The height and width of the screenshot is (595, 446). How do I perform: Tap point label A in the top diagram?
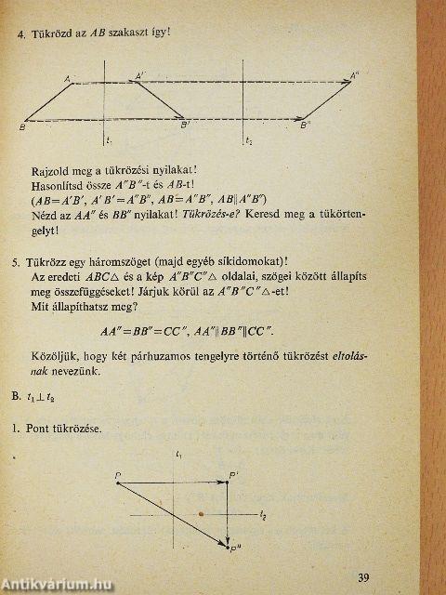click(x=68, y=80)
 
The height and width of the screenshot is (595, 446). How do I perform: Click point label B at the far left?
click(x=21, y=126)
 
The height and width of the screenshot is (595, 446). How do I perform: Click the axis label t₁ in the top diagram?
click(x=109, y=139)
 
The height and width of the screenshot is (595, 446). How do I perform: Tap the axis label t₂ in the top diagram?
click(x=248, y=140)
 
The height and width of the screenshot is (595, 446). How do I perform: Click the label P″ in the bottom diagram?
click(x=235, y=550)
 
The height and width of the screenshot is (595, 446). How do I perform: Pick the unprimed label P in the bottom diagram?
click(x=119, y=476)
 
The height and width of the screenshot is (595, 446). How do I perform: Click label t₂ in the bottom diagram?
click(x=263, y=514)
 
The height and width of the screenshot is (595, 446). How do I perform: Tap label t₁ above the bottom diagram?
click(x=177, y=455)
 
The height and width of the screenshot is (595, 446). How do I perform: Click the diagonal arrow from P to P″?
click(x=177, y=511)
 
